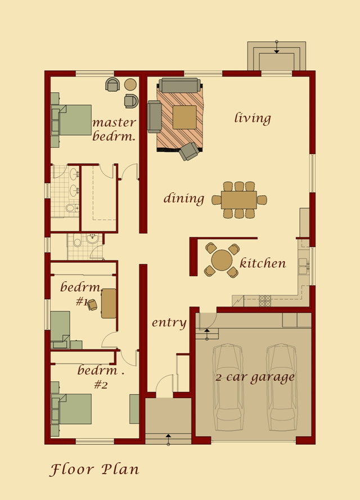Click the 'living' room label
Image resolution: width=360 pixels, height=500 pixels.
(253, 118)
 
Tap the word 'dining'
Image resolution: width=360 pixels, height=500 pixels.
(184, 199)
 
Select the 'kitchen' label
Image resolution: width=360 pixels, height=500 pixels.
(262, 263)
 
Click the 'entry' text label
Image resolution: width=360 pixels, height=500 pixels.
(169, 323)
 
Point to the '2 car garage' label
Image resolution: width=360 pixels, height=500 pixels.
(255, 377)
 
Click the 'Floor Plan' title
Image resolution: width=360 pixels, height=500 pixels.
(94, 470)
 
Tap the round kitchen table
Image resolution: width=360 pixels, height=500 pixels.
(222, 260)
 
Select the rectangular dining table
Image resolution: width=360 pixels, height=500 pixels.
(238, 200)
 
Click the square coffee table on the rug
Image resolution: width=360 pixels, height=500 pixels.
(184, 117)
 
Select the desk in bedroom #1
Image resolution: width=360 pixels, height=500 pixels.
(109, 303)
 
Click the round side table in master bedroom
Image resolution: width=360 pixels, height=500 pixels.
(130, 84)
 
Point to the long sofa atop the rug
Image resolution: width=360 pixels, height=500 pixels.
(179, 85)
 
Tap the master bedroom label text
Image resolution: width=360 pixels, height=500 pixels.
(114, 129)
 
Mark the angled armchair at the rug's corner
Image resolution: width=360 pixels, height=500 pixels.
(189, 151)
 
